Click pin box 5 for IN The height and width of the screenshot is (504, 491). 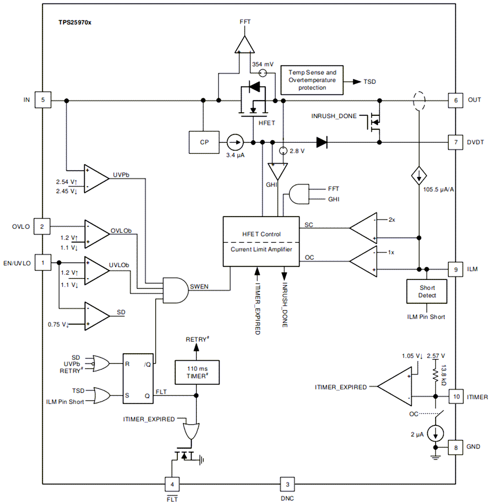pos(43,100)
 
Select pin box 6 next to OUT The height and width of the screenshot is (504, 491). pos(456,100)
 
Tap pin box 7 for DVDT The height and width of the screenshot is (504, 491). pos(456,142)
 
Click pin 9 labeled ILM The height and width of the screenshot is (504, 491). pos(456,269)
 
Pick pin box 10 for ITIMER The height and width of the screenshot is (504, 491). pos(456,396)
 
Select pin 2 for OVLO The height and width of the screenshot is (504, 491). pos(43,226)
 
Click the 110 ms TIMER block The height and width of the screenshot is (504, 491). pos(196,371)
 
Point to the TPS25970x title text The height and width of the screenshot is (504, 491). pos(75,21)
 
